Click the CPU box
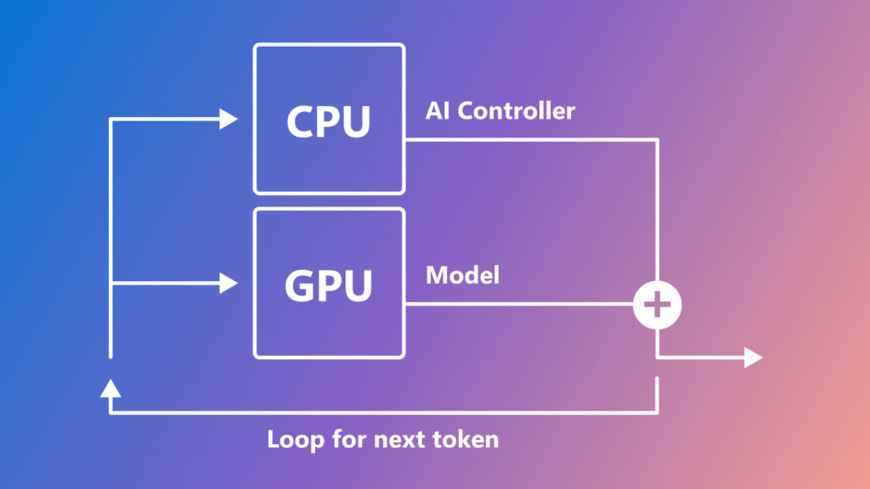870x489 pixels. click(329, 120)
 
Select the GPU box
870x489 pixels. click(329, 284)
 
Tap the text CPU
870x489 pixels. click(329, 121)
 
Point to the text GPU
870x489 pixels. click(329, 285)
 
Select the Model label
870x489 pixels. click(462, 275)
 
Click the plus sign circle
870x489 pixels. click(658, 304)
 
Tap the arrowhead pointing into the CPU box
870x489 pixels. click(229, 119)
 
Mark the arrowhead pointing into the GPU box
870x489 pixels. click(229, 283)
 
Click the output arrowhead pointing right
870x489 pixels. click(754, 357)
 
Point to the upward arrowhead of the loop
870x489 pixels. click(110, 389)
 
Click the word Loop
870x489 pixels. click(291, 440)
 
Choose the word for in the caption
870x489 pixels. click(341, 440)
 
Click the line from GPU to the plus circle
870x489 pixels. click(518, 304)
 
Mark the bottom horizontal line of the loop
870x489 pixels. click(382, 413)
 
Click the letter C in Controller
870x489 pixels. click(467, 110)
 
